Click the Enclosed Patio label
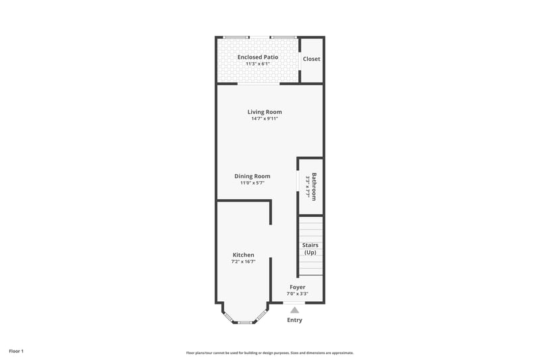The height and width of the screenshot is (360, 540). click(x=258, y=57)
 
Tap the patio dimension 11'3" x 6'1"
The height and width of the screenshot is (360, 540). click(x=258, y=64)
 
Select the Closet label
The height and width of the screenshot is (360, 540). click(x=311, y=59)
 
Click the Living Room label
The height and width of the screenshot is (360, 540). click(x=265, y=112)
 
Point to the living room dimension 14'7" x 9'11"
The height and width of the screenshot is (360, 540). click(x=265, y=119)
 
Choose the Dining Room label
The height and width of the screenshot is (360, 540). click(x=252, y=176)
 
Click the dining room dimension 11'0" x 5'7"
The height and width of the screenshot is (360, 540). click(x=252, y=183)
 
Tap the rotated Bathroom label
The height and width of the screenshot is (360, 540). click(x=314, y=186)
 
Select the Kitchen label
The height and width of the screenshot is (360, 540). click(x=243, y=255)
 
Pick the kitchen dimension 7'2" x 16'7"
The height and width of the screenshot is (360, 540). click(x=243, y=262)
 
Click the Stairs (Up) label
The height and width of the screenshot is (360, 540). click(x=310, y=249)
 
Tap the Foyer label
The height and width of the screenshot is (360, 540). click(x=297, y=287)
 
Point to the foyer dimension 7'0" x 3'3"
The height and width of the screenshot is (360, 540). click(x=297, y=294)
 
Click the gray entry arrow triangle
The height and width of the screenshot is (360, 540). click(x=294, y=310)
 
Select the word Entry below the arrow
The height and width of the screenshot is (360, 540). click(x=294, y=320)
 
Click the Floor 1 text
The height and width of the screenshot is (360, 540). click(x=16, y=351)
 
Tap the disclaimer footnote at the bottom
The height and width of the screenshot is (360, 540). click(x=270, y=353)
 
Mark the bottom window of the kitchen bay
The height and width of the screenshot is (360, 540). click(x=244, y=322)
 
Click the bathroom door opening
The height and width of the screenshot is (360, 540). click(x=298, y=180)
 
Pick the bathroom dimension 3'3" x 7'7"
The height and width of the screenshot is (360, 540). click(x=308, y=186)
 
